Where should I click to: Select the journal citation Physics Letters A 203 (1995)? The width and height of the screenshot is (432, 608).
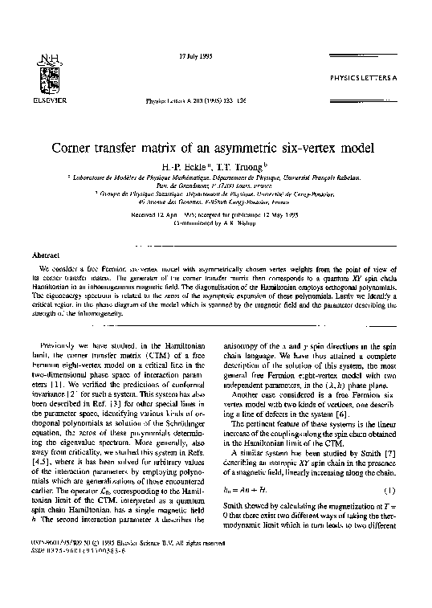pyautogui.click(x=193, y=103)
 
